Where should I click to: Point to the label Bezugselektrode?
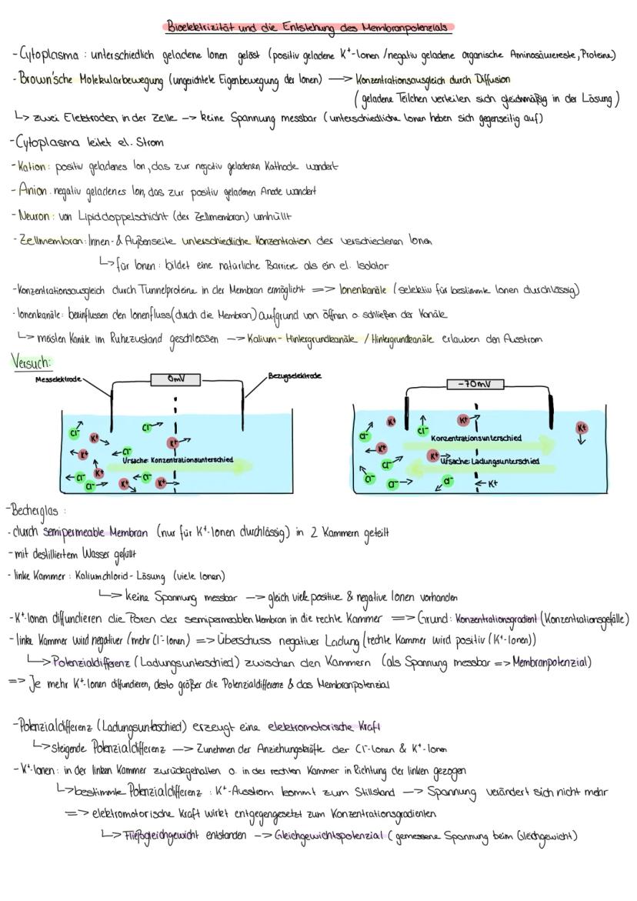tap(294, 376)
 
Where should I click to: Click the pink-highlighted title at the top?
tap(308, 27)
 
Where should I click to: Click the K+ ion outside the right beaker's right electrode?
tap(582, 428)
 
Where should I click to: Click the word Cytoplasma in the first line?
tap(48, 55)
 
